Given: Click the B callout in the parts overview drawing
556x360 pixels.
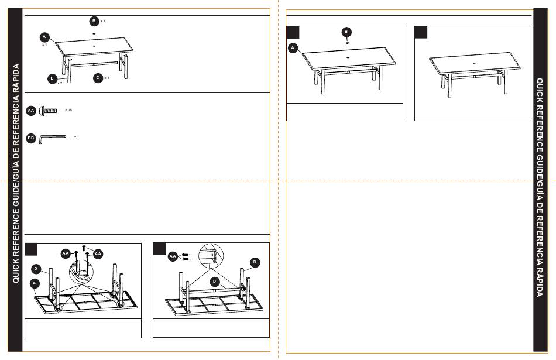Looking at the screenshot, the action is pyautogui.click(x=94, y=21).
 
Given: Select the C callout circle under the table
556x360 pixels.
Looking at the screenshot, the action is pyautogui.click(x=98, y=78).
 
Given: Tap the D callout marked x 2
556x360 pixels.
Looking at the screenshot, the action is pyautogui.click(x=53, y=79).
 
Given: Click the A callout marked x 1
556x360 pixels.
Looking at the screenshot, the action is pyautogui.click(x=44, y=37).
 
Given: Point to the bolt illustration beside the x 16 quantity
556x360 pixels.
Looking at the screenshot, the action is pyautogui.click(x=48, y=111).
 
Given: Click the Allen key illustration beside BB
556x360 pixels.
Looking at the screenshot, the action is pyautogui.click(x=53, y=138).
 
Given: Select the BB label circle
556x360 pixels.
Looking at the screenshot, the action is pyautogui.click(x=31, y=138).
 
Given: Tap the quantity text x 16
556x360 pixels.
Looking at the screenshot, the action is pyautogui.click(x=68, y=110).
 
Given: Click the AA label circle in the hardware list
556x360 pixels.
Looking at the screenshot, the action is pyautogui.click(x=31, y=111).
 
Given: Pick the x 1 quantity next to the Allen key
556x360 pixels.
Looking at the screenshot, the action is pyautogui.click(x=76, y=137).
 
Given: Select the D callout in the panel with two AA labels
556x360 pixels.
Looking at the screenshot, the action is pyautogui.click(x=36, y=269).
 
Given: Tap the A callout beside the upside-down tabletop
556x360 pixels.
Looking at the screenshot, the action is pyautogui.click(x=35, y=283).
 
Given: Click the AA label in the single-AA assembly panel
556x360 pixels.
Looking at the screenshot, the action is pyautogui.click(x=173, y=256).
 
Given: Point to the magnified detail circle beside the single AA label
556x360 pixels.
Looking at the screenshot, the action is pyautogui.click(x=211, y=255).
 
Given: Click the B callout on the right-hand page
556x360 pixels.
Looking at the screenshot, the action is pyautogui.click(x=346, y=32).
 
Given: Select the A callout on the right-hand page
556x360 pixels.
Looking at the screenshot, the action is pyautogui.click(x=293, y=48).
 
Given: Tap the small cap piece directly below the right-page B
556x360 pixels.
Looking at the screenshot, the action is pyautogui.click(x=347, y=42).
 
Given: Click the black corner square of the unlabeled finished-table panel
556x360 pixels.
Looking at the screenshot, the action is pyautogui.click(x=421, y=32).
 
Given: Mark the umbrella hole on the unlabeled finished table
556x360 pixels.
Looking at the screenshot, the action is pyautogui.click(x=475, y=63).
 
